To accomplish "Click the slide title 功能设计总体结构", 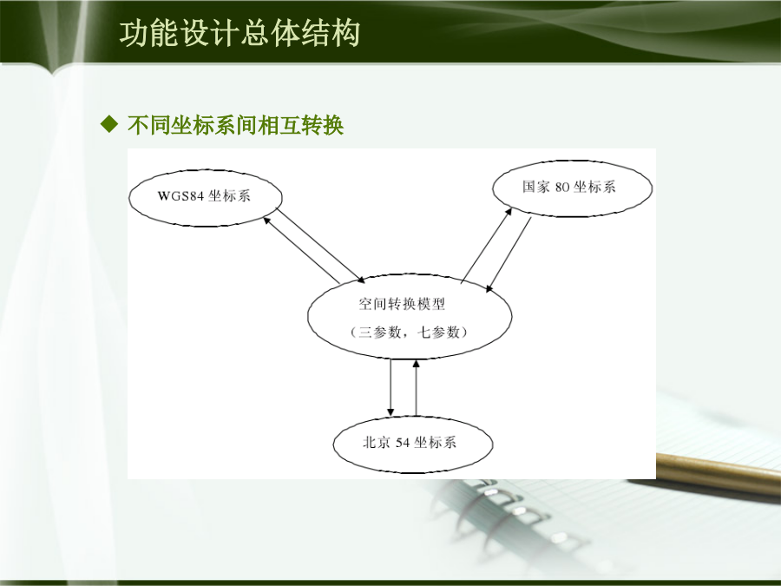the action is tap(240, 33).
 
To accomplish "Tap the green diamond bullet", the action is tap(109, 124).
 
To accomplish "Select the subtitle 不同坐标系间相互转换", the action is tap(235, 124).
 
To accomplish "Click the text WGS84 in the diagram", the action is tap(180, 196).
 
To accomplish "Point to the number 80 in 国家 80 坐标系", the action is tap(561, 187).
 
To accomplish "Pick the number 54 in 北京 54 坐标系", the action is tap(403, 443).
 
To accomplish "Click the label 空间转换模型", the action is tap(402, 304).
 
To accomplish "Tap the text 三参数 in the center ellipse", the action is tap(379, 332).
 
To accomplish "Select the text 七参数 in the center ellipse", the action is tap(438, 332).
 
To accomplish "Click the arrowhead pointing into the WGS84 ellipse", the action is tap(266, 220).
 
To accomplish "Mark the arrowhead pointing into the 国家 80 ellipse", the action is tap(509, 212).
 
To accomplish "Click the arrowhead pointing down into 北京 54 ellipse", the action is tap(390, 412).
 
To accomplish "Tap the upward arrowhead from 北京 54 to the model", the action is tap(416, 364).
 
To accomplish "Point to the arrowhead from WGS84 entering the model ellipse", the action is tap(361, 279).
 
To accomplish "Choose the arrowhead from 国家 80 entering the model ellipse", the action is tap(489, 288).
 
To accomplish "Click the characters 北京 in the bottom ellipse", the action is tap(376, 443).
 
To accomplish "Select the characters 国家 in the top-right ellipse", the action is tap(536, 187).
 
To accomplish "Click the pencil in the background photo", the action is tap(719, 473).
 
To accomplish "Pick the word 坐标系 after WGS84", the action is tap(229, 196).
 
